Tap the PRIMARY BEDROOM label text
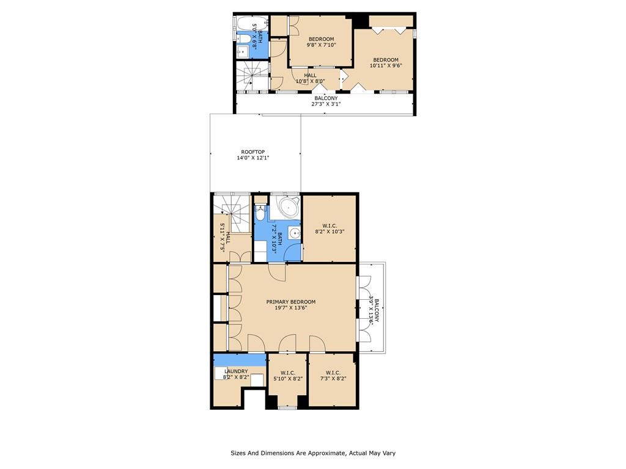pyautogui.click(x=290, y=302)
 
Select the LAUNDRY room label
pyautogui.click(x=236, y=371)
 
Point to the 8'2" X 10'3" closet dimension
pyautogui.click(x=330, y=231)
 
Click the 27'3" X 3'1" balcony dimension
pyautogui.click(x=326, y=104)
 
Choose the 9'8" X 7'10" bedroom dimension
pyautogui.click(x=322, y=45)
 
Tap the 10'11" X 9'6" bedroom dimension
pyautogui.click(x=386, y=66)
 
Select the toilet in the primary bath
pyautogui.click(x=260, y=213)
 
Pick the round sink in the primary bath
pyautogui.click(x=295, y=233)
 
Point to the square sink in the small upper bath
pyautogui.click(x=242, y=51)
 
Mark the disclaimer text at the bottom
pyautogui.click(x=313, y=453)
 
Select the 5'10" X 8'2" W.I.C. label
pyautogui.click(x=287, y=376)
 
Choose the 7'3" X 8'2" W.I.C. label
pyautogui.click(x=333, y=376)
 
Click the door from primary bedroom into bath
pyautogui.click(x=277, y=272)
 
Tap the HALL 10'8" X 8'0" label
pyautogui.click(x=310, y=78)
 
